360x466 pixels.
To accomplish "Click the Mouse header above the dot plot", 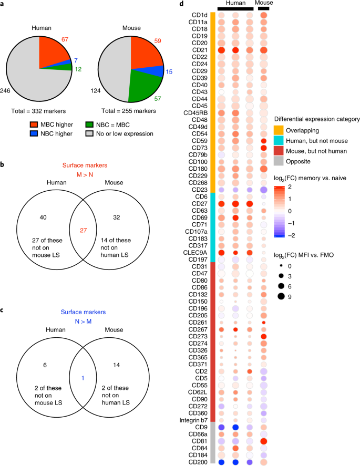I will (264, 4).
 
